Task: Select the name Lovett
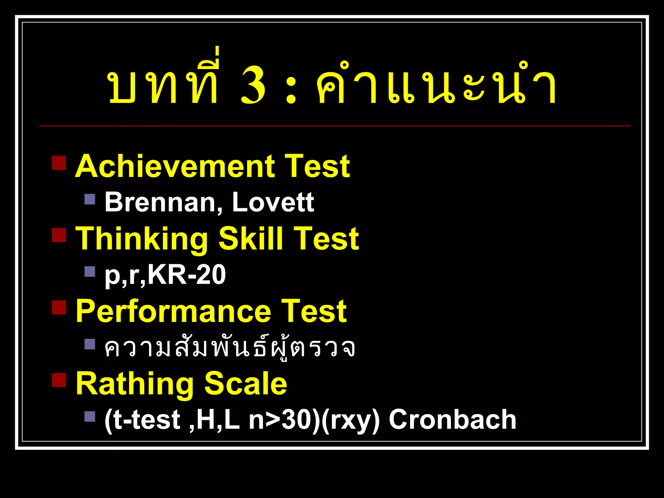point(273,202)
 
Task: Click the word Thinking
point(141,239)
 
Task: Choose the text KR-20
point(187,275)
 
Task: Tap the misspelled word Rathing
point(134,385)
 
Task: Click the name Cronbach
point(452,420)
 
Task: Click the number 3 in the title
point(253,85)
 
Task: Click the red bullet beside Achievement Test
point(59,162)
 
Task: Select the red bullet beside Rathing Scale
point(59,380)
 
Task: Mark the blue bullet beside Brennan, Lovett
point(90,199)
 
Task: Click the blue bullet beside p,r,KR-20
point(90,271)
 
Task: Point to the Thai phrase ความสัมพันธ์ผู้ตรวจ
point(230,348)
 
